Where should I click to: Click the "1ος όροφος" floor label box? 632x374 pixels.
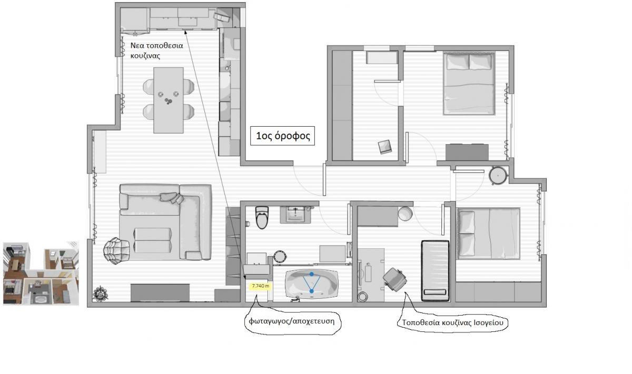click(x=282, y=136)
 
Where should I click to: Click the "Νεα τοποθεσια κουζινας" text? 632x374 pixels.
click(x=156, y=50)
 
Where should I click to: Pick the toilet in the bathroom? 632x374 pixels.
click(x=262, y=217)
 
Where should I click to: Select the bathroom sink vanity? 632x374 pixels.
click(x=295, y=215)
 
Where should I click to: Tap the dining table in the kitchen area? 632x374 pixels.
click(x=169, y=100)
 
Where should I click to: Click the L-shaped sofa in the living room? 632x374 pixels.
click(x=165, y=222)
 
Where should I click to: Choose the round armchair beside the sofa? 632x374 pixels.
click(x=116, y=250)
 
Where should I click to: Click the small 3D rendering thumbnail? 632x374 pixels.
click(x=41, y=274)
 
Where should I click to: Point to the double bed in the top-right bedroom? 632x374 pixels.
click(x=469, y=84)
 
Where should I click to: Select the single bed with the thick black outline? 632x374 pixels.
click(x=435, y=270)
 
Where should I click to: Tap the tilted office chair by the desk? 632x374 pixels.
click(x=395, y=279)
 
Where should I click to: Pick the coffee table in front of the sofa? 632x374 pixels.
click(x=152, y=240)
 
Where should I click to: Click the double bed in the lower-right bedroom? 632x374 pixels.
click(x=489, y=234)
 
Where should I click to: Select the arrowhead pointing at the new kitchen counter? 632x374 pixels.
click(x=185, y=32)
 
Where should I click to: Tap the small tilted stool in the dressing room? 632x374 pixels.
click(x=385, y=147)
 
